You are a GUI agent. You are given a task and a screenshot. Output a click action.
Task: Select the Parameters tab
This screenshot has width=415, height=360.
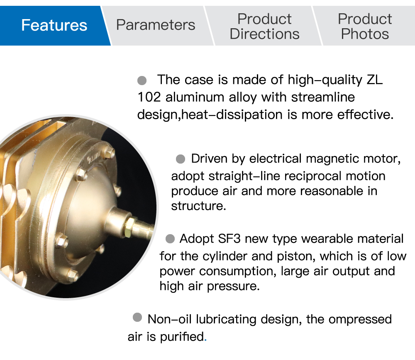point(156,25)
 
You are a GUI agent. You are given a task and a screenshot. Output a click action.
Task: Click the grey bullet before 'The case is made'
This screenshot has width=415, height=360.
point(142,80)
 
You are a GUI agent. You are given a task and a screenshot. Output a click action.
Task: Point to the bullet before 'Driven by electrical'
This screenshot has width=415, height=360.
point(181,159)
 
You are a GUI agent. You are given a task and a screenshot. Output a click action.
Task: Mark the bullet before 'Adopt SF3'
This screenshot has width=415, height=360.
point(170,239)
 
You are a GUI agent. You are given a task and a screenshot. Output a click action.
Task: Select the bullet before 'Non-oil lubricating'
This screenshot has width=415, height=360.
point(137,317)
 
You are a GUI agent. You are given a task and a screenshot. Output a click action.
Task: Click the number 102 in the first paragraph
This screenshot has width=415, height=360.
point(149,97)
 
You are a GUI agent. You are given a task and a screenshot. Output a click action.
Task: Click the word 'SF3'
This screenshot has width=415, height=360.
point(229,239)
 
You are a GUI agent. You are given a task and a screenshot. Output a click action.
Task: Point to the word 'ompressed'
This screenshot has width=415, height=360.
point(360,319)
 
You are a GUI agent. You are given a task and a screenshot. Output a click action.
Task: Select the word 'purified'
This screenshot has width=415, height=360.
point(182,337)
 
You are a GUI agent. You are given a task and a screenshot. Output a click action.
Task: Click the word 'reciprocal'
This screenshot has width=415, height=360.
point(307,176)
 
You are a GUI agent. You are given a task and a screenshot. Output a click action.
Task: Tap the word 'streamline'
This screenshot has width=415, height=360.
point(323,97)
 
